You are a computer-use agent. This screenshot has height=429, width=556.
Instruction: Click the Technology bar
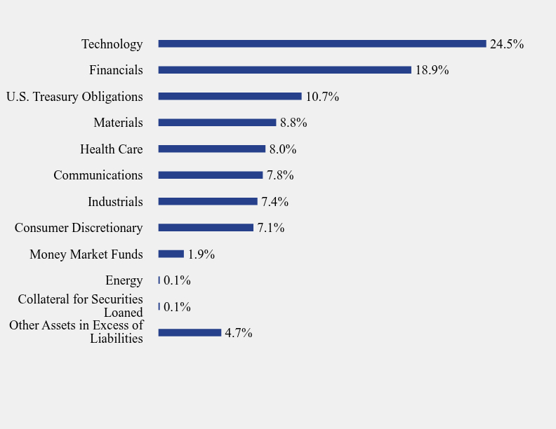[x=322, y=43]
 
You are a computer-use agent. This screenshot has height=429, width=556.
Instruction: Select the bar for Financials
[x=284, y=70]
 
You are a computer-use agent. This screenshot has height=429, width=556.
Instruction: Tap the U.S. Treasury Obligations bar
[x=230, y=96]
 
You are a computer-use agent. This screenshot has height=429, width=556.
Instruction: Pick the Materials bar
[x=217, y=123]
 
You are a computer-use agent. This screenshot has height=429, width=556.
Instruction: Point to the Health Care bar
[x=211, y=149]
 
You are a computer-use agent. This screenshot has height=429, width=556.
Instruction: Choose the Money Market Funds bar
[x=171, y=254]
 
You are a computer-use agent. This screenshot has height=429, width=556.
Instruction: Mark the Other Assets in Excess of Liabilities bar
[x=190, y=333]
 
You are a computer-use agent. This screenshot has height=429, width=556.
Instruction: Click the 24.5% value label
[x=507, y=44]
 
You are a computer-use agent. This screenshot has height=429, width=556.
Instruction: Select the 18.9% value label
[x=432, y=70]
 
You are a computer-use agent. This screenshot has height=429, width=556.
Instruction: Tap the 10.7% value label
[x=322, y=97]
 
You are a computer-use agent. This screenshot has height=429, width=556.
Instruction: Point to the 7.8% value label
[x=280, y=175]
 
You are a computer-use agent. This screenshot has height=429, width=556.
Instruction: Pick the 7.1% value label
[x=270, y=228]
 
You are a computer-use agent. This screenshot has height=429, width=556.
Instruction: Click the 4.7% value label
[x=239, y=333]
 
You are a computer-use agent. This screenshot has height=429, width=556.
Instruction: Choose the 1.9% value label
[x=201, y=254]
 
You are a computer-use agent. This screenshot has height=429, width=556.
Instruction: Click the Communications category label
[x=98, y=175]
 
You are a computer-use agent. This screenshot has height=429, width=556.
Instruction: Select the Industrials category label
[x=115, y=202]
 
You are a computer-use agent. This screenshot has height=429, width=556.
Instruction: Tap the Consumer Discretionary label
[x=79, y=228]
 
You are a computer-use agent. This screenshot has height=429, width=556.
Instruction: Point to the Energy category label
[x=124, y=280]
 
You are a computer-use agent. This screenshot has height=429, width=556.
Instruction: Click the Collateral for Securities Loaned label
[x=81, y=306]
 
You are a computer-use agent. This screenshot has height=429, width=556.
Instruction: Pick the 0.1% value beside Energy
[x=177, y=280]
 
